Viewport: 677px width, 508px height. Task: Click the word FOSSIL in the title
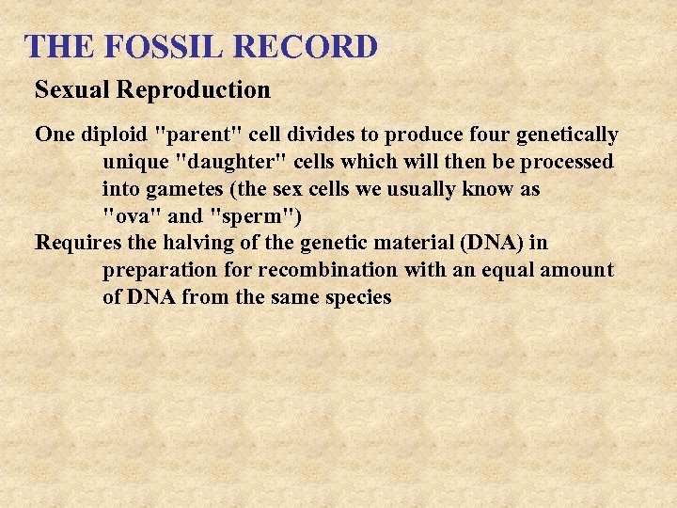point(149,46)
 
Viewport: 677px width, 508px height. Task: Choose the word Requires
point(78,244)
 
